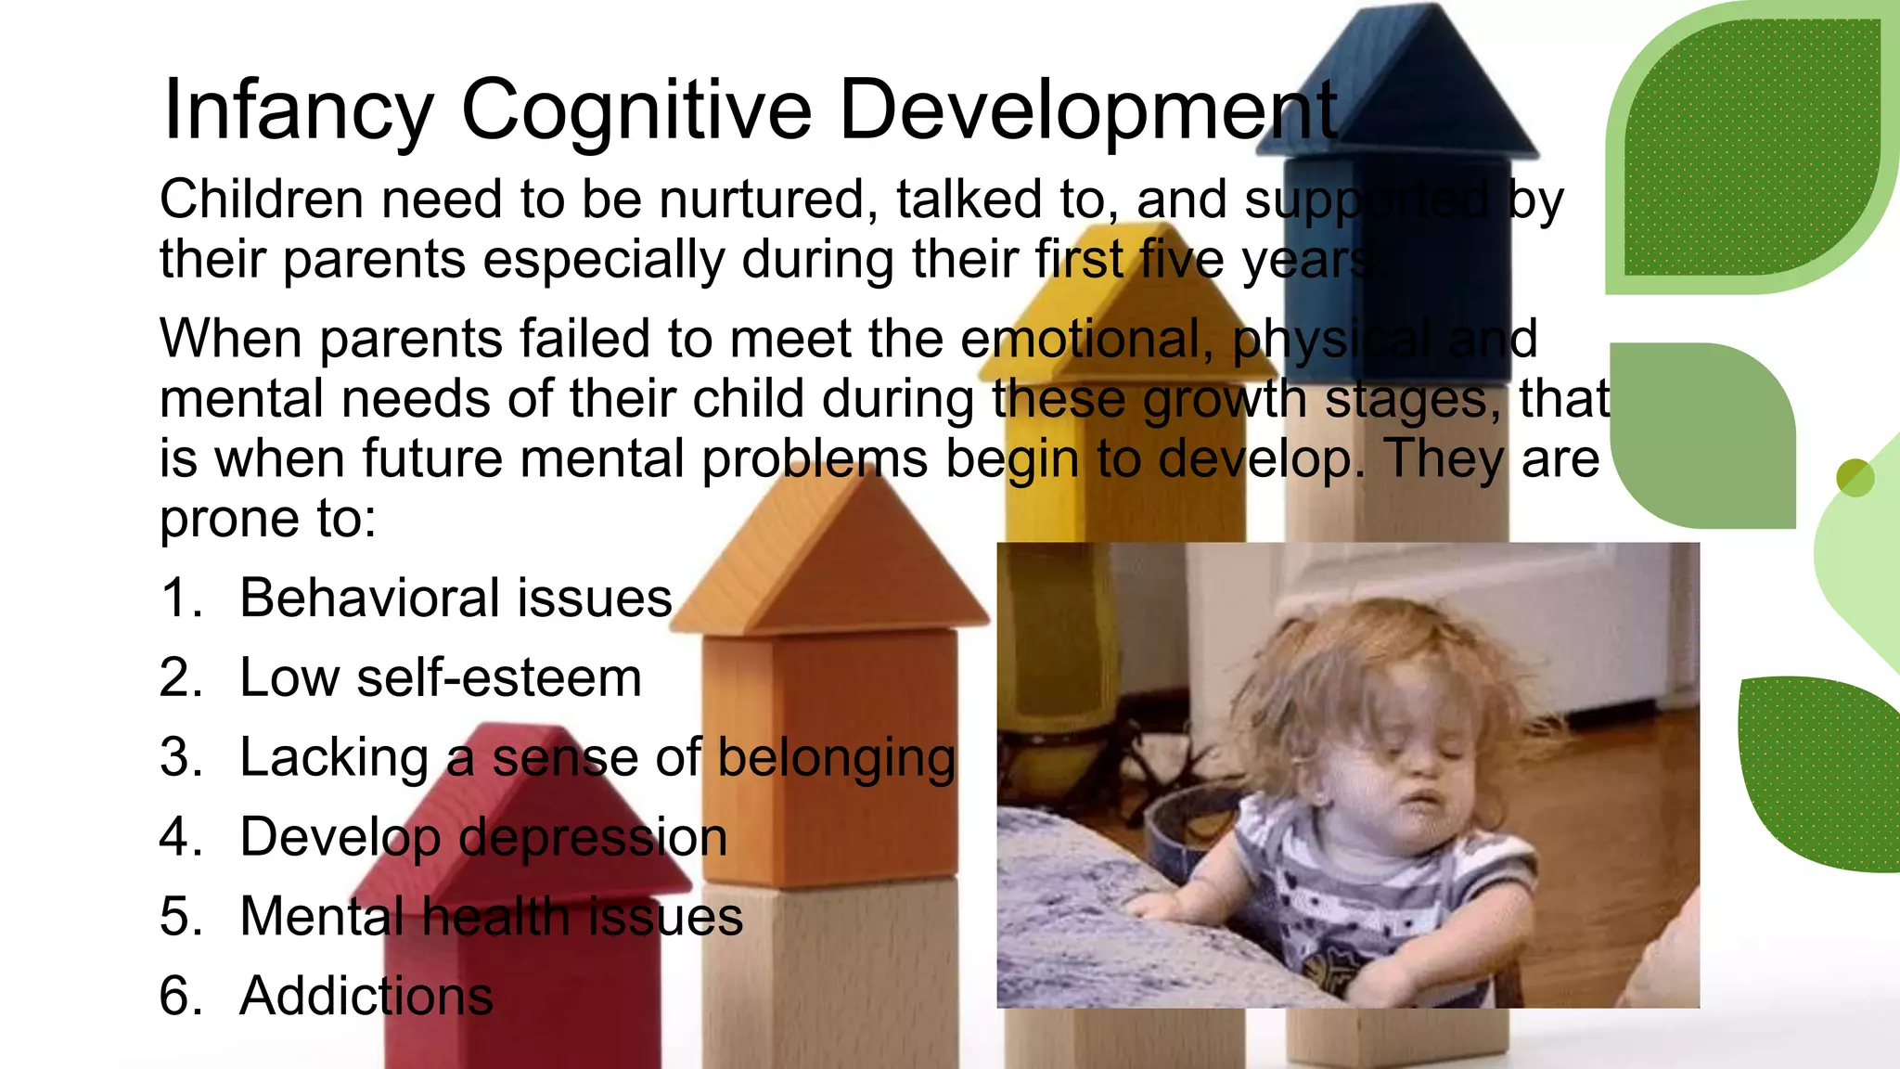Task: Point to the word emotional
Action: point(1086,339)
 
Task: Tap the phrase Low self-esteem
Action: point(441,677)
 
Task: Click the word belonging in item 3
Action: point(837,758)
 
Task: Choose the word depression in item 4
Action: point(593,837)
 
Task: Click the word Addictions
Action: point(366,997)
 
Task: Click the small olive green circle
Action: point(1855,478)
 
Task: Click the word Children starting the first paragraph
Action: point(261,200)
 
